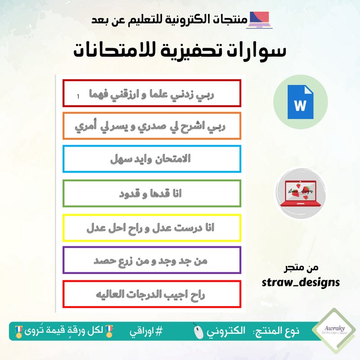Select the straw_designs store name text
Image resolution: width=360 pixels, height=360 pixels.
coord(301,282)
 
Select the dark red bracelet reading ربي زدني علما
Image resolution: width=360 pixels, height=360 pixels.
coord(152,93)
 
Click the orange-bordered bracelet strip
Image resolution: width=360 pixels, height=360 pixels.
coord(152,126)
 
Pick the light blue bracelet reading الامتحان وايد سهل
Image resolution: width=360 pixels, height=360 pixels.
coord(152,159)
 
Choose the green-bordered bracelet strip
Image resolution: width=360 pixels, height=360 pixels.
coord(152,193)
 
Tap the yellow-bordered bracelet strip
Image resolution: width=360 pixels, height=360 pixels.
coord(152,228)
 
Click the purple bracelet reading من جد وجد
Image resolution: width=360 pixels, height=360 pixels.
coord(152,260)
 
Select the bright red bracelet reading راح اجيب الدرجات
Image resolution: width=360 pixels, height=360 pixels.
coord(152,294)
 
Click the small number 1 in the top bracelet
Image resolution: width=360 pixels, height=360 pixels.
coord(78,96)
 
